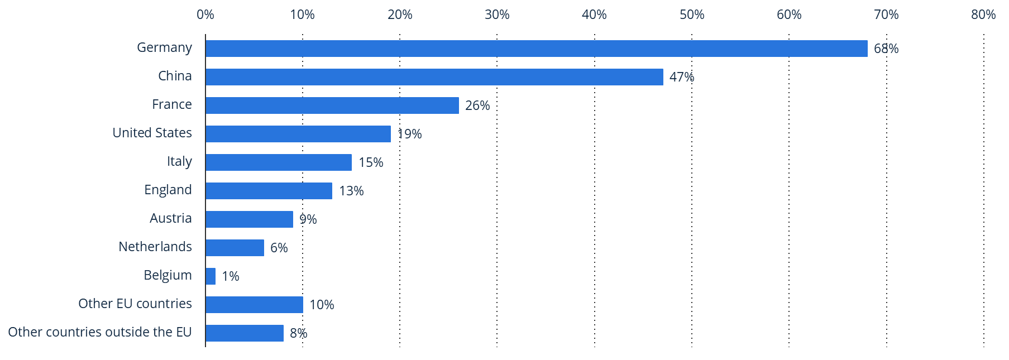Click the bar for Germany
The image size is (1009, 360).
coord(536,49)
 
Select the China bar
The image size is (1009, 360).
coord(434,77)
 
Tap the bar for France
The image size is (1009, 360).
coord(332,105)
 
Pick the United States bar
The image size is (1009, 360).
coord(298,134)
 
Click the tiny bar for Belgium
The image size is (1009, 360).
coord(211,276)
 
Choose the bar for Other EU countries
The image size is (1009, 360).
coord(254,305)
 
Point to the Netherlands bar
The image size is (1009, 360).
coord(235,248)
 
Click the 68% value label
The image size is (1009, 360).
coord(886,49)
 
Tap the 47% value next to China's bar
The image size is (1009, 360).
coord(682,77)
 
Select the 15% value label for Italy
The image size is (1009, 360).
coord(371,162)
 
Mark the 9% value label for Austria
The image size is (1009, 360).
coord(308,219)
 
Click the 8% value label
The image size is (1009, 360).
coord(299,333)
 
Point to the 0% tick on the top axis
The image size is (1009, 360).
coord(205,15)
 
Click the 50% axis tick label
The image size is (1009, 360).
coord(692,15)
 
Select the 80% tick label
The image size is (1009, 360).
coord(983,15)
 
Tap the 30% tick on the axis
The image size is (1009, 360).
coord(497,15)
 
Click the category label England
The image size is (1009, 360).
coord(168,190)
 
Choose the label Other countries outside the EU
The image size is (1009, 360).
coord(100,332)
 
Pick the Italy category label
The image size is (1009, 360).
coord(179,161)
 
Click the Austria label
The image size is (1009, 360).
coord(170,218)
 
